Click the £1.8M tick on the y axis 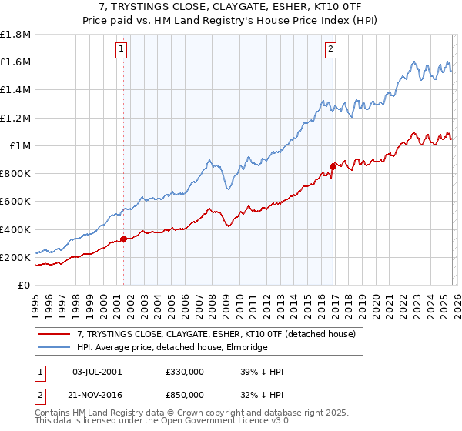click(x=15, y=35)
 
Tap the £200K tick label click(x=15, y=258)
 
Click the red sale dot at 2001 click(x=123, y=239)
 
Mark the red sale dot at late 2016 click(x=333, y=166)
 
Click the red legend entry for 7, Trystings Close click(x=216, y=334)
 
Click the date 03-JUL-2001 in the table click(x=97, y=372)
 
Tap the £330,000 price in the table click(x=185, y=372)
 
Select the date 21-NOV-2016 click(x=97, y=393)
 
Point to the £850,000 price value click(x=185, y=393)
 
